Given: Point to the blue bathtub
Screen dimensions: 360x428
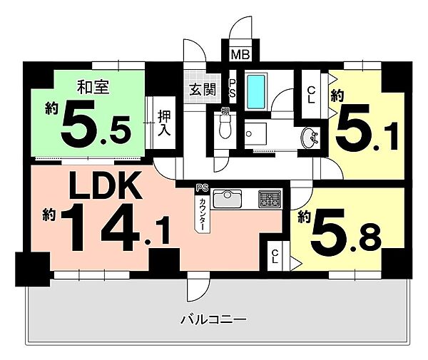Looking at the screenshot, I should coord(256,91).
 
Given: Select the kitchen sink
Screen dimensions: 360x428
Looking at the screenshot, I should coord(229,198).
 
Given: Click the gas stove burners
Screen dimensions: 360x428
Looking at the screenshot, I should coord(270,198).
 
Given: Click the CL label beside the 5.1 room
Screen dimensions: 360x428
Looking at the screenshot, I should coord(312,94).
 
